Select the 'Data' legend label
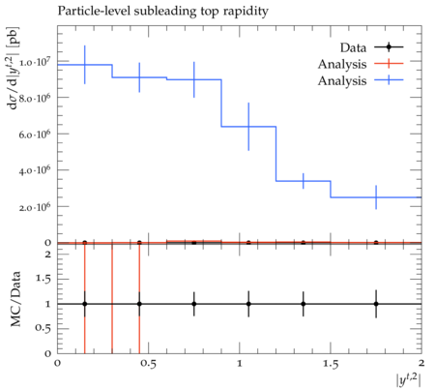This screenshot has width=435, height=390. tap(353, 47)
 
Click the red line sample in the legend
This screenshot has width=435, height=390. tap(389, 64)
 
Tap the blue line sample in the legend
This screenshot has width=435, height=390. tap(389, 80)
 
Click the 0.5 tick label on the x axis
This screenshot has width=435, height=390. tap(149, 364)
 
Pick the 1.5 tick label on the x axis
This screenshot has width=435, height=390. tap(331, 364)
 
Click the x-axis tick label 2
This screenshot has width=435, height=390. tap(421, 364)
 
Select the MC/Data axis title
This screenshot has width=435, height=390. tap(15, 299)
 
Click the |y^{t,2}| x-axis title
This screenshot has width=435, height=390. tap(409, 379)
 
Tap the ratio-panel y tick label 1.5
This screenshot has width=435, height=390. tap(43, 279)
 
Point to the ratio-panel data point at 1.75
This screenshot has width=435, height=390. tap(376, 304)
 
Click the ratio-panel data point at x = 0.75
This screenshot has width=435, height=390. tap(194, 304)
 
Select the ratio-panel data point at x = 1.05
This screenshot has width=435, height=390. tap(248, 304)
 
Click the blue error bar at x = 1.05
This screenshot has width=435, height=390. tap(248, 127)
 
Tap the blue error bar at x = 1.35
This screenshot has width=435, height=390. tap(304, 181)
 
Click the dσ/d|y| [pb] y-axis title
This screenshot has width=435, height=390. tap(14, 69)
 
